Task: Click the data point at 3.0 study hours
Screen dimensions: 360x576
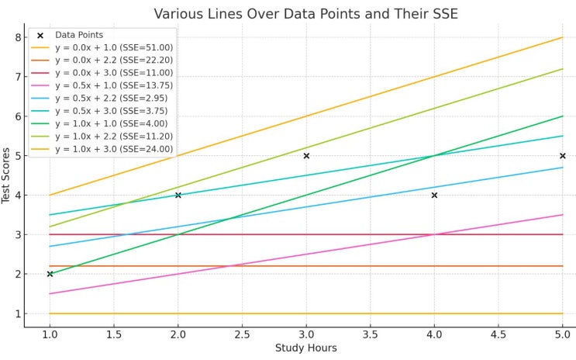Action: [x=306, y=156]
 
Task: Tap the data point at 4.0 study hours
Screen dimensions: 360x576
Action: [x=434, y=195]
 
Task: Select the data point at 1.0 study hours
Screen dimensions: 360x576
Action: [x=50, y=274]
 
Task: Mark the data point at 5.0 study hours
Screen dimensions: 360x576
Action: [x=562, y=156]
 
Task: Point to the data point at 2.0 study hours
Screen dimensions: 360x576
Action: [x=178, y=195]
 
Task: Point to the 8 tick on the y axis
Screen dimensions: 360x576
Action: [x=17, y=37]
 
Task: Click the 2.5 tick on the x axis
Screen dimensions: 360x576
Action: [x=242, y=334]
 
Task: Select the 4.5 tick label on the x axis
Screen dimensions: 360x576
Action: [x=498, y=334]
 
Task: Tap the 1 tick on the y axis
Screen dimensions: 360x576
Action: [x=17, y=314]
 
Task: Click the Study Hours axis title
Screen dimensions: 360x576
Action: [x=305, y=348]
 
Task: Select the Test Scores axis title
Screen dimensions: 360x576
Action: [x=7, y=175]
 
